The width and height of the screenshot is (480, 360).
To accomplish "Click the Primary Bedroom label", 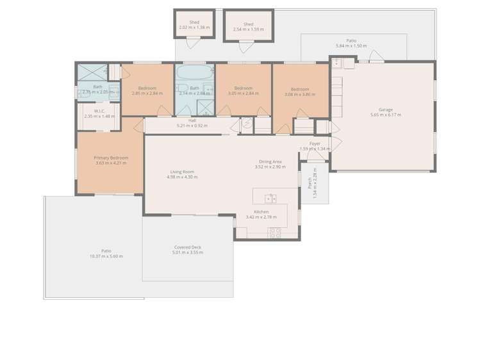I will coord(110,158).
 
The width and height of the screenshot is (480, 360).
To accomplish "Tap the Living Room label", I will coord(182,172).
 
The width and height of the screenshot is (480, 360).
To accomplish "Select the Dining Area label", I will coord(270,161).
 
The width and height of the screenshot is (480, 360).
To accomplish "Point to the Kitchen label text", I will coord(261,212).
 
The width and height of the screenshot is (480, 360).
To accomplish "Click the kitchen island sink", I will coord(270,198).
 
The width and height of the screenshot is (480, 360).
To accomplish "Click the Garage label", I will coord(385,110).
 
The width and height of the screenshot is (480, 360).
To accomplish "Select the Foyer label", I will coord(315,144).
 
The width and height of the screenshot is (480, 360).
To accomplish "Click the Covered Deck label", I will coord(187,247).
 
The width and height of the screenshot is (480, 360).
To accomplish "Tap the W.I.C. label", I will coord(99,111).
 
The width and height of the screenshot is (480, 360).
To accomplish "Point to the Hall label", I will coord(192,120).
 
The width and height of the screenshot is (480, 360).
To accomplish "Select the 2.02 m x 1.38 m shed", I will coord(194,25).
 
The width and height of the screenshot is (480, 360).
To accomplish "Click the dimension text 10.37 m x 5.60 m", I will coord(106,256).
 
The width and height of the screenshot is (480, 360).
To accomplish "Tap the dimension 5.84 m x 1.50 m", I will coord(352,46).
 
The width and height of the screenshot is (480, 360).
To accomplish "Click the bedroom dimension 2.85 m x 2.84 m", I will coord(147,94).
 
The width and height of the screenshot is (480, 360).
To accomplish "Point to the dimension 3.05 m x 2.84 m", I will coord(243,94).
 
